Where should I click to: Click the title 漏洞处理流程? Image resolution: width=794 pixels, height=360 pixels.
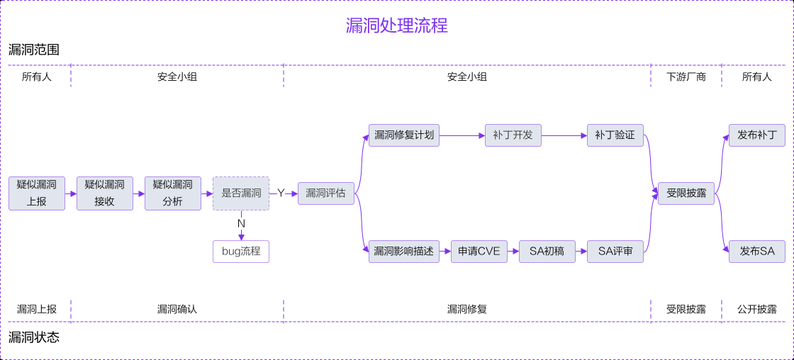396,26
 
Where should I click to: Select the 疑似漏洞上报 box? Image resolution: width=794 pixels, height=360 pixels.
37,193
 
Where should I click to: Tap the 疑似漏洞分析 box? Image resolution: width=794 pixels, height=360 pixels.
173,193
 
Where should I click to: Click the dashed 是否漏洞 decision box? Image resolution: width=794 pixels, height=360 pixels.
241,193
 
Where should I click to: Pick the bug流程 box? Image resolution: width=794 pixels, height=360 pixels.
241,252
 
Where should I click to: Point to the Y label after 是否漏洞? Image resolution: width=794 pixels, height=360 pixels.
281,193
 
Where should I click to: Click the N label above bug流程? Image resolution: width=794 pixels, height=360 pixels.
241,223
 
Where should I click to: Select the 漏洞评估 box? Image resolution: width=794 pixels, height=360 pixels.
325,193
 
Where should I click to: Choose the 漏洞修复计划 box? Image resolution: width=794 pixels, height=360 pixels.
404,135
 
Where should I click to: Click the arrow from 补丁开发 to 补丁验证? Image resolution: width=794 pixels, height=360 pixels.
564,135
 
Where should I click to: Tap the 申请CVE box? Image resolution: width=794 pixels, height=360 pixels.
479,252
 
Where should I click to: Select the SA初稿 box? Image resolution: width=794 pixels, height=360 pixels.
547,252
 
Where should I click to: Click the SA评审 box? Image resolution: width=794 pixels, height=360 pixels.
615,252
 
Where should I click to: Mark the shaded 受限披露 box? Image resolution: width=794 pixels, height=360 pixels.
686,193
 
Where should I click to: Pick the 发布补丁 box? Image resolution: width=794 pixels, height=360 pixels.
757,135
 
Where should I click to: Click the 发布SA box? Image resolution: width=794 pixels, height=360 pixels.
757,252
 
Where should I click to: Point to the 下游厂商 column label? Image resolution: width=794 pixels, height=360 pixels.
686,77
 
